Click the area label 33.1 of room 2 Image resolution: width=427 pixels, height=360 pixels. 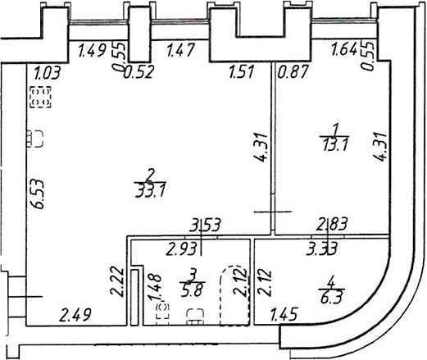pyautogui.click(x=151, y=190)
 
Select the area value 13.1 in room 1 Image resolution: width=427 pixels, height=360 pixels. pyautogui.click(x=335, y=144)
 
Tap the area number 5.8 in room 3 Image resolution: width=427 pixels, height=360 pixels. pyautogui.click(x=193, y=289)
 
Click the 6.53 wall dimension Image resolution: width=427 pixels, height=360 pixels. pyautogui.click(x=38, y=194)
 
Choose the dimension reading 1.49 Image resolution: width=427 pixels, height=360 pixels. pyautogui.click(x=92, y=51)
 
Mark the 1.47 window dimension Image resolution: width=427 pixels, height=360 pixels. pyautogui.click(x=180, y=50)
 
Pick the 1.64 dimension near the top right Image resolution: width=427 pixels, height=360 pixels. pyautogui.click(x=344, y=49)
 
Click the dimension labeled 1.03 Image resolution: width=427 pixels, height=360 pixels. pyautogui.click(x=48, y=73)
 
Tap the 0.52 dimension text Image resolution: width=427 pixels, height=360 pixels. pyautogui.click(x=138, y=72)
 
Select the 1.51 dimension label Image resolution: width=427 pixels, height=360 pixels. pyautogui.click(x=242, y=72)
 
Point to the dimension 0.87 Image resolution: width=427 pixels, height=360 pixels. pyautogui.click(x=293, y=72)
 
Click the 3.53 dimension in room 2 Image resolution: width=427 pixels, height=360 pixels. pyautogui.click(x=205, y=226)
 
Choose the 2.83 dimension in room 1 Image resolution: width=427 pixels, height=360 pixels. pyautogui.click(x=332, y=225)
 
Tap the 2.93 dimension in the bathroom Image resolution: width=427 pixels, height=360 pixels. pyautogui.click(x=182, y=248)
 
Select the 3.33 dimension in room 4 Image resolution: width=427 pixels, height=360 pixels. pyautogui.click(x=322, y=248)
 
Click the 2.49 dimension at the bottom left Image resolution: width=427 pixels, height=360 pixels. pyautogui.click(x=75, y=315)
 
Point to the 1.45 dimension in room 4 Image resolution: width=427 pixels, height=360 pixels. pyautogui.click(x=284, y=314)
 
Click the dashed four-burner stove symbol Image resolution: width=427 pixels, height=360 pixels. pyautogui.click(x=40, y=97)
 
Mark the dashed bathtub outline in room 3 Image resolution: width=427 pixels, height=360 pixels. pyautogui.click(x=235, y=295)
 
